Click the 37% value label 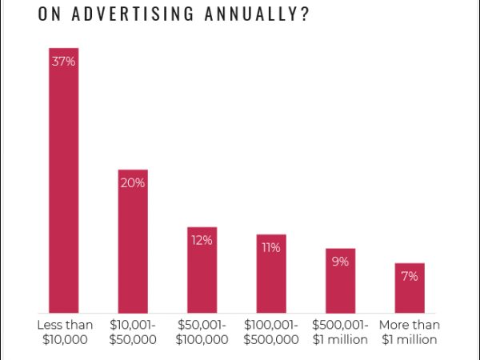pyautogui.click(x=64, y=61)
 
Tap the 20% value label pyautogui.click(x=133, y=182)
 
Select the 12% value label pyautogui.click(x=202, y=240)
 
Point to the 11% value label pyautogui.click(x=271, y=247)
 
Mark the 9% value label pyautogui.click(x=340, y=262)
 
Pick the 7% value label pyautogui.click(x=410, y=276)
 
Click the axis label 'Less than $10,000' pyautogui.click(x=65, y=332)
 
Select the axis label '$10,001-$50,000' pyautogui.click(x=134, y=332)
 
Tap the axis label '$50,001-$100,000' pyautogui.click(x=202, y=332)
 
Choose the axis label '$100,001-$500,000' pyautogui.click(x=271, y=332)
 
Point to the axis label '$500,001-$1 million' pyautogui.click(x=340, y=332)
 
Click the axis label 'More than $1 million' pyautogui.click(x=409, y=332)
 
